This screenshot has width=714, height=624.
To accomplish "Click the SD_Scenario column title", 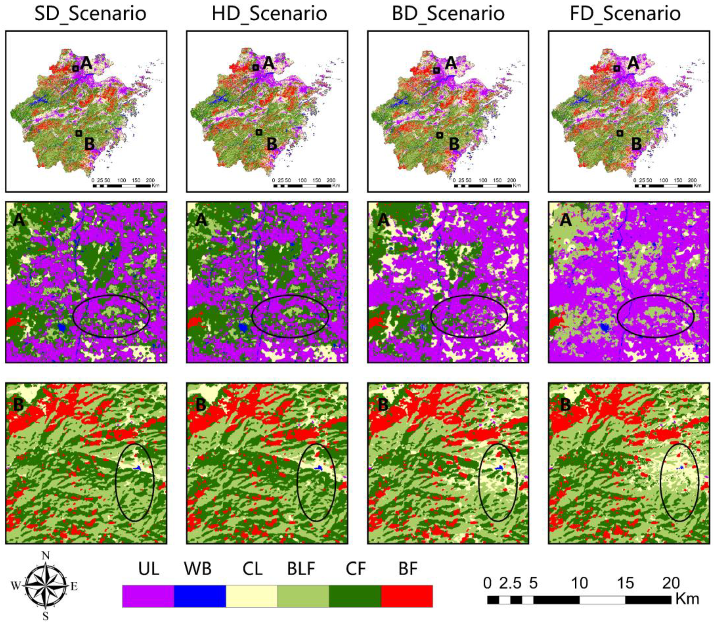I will pyautogui.click(x=90, y=14).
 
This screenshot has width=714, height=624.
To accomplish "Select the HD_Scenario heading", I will pyautogui.click(x=269, y=14).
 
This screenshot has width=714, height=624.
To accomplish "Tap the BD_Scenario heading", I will pyautogui.click(x=448, y=14).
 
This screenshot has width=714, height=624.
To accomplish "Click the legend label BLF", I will pyautogui.click(x=301, y=569).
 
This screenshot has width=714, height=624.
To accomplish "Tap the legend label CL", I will pyautogui.click(x=252, y=569).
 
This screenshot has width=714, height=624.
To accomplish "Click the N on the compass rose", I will pyautogui.click(x=45, y=556).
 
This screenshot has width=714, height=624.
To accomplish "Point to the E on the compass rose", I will pyautogui.click(x=74, y=587).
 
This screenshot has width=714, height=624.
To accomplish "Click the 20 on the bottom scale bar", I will pyautogui.click(x=671, y=583).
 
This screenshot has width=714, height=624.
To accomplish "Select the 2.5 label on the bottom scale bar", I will pyautogui.click(x=510, y=583).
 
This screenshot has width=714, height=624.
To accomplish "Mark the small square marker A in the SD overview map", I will pyautogui.click(x=76, y=69).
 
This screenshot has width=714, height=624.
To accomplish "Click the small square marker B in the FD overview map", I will pyautogui.click(x=620, y=133).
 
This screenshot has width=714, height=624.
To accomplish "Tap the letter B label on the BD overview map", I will pyautogui.click(x=454, y=144).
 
